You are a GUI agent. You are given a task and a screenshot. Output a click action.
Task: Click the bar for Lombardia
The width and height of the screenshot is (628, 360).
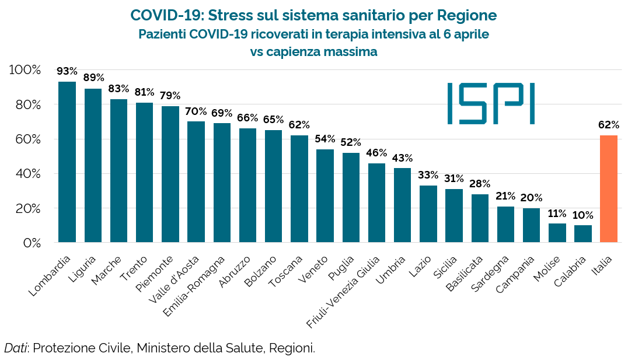(67, 162)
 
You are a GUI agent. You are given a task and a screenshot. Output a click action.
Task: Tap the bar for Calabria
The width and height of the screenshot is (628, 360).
(583, 233)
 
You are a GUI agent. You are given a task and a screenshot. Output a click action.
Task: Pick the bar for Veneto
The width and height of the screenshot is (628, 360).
(325, 195)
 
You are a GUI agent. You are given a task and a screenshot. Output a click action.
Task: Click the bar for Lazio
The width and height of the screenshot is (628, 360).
(428, 214)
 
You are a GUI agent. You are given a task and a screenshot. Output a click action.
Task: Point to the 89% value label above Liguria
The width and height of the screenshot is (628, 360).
(93, 78)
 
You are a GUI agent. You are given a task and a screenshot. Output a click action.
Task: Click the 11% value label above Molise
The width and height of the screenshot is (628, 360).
(557, 213)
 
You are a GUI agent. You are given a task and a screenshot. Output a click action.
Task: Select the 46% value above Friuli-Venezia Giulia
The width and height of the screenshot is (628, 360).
(376, 153)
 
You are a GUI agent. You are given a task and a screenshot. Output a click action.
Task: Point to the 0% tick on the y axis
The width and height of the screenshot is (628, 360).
(30, 243)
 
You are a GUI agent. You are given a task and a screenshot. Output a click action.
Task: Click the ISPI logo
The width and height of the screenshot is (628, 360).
(491, 103)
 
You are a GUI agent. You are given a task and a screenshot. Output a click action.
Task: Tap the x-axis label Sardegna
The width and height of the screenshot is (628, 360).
(491, 274)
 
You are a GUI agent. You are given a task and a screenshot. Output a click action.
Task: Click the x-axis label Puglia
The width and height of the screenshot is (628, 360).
(341, 267)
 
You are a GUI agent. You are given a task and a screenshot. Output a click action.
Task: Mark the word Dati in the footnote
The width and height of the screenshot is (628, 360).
(16, 348)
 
